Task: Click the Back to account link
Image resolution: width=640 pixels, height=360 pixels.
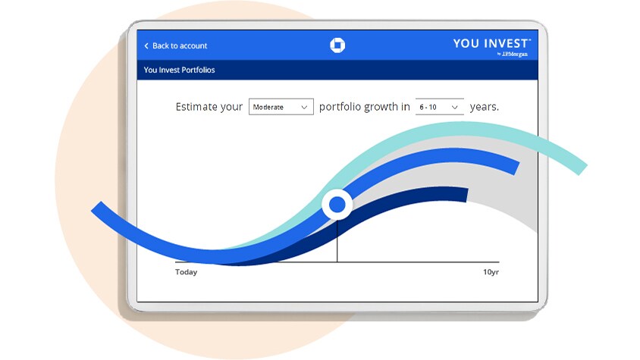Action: [x=176, y=45]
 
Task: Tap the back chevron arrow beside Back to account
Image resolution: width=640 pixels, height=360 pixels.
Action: [x=146, y=45]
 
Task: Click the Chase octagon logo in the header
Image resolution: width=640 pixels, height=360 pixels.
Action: [x=337, y=45]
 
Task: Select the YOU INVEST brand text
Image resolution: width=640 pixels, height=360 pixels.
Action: [x=492, y=43]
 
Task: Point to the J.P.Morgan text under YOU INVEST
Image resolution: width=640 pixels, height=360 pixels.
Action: [x=513, y=54]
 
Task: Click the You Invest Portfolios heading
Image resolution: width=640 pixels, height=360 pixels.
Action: [x=179, y=70]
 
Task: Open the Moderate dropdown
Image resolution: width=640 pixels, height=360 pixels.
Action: [x=281, y=107]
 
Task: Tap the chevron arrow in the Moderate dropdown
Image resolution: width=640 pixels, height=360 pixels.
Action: [x=304, y=108]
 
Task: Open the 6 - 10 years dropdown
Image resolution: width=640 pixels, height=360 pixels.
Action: [x=440, y=107]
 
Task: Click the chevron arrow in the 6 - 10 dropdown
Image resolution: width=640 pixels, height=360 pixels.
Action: [x=454, y=108]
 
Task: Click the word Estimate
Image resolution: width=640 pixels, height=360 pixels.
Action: [x=196, y=107]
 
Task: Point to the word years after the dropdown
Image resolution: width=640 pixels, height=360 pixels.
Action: [x=484, y=108]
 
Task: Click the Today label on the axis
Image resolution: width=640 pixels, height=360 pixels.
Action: [x=186, y=272]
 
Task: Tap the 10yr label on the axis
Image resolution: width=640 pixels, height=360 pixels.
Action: [x=491, y=272]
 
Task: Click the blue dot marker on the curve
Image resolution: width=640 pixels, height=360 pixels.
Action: [x=337, y=205]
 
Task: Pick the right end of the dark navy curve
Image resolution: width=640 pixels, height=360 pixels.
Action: [x=466, y=195]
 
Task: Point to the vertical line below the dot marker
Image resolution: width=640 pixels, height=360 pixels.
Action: [x=337, y=241]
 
